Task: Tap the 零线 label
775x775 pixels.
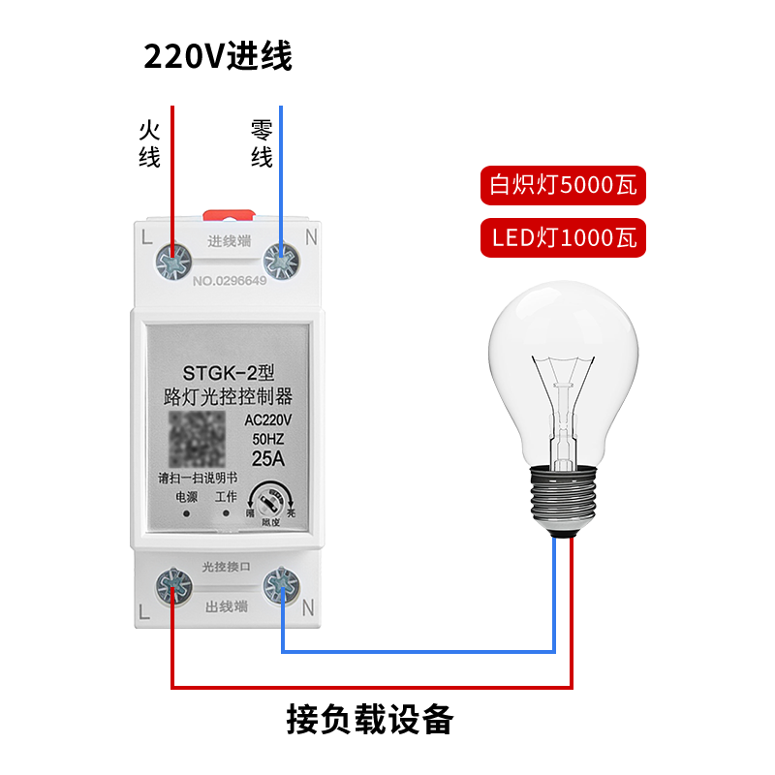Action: (x=262, y=144)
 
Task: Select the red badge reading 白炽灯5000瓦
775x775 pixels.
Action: (x=563, y=184)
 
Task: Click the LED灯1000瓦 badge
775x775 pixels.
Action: (x=563, y=237)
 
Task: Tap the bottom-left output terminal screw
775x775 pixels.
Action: (x=173, y=585)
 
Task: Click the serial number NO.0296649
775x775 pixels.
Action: (x=229, y=282)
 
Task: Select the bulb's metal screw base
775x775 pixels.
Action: (x=563, y=498)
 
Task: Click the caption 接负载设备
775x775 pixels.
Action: (x=370, y=719)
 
